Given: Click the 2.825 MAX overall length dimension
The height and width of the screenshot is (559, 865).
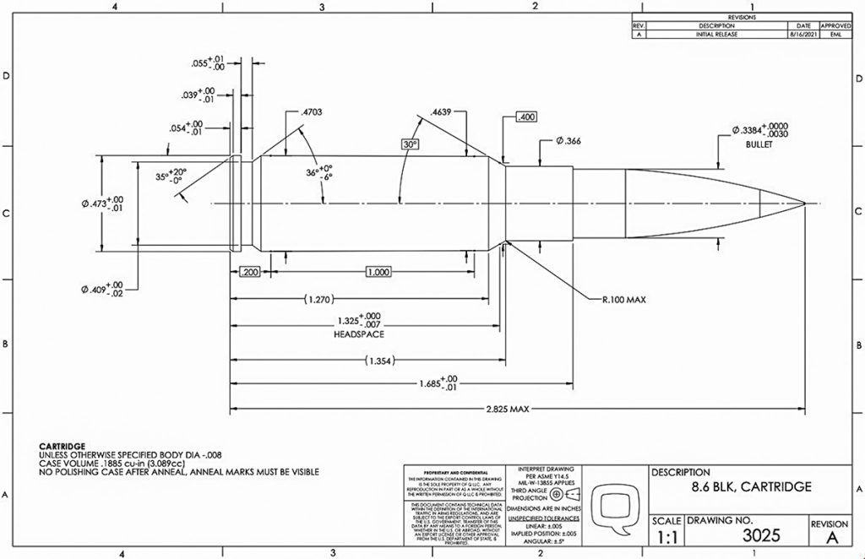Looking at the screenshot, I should click(x=507, y=410).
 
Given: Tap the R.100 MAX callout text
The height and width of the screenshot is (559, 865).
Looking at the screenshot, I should click(x=624, y=299).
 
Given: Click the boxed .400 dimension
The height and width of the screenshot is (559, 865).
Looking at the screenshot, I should click(x=525, y=117).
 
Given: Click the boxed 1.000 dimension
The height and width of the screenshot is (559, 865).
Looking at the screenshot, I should click(x=378, y=272).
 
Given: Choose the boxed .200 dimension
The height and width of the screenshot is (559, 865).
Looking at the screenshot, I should click(x=249, y=272).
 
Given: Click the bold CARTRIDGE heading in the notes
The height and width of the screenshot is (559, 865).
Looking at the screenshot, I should click(x=63, y=445).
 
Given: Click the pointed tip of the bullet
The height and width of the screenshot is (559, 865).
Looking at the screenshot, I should click(x=805, y=203).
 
